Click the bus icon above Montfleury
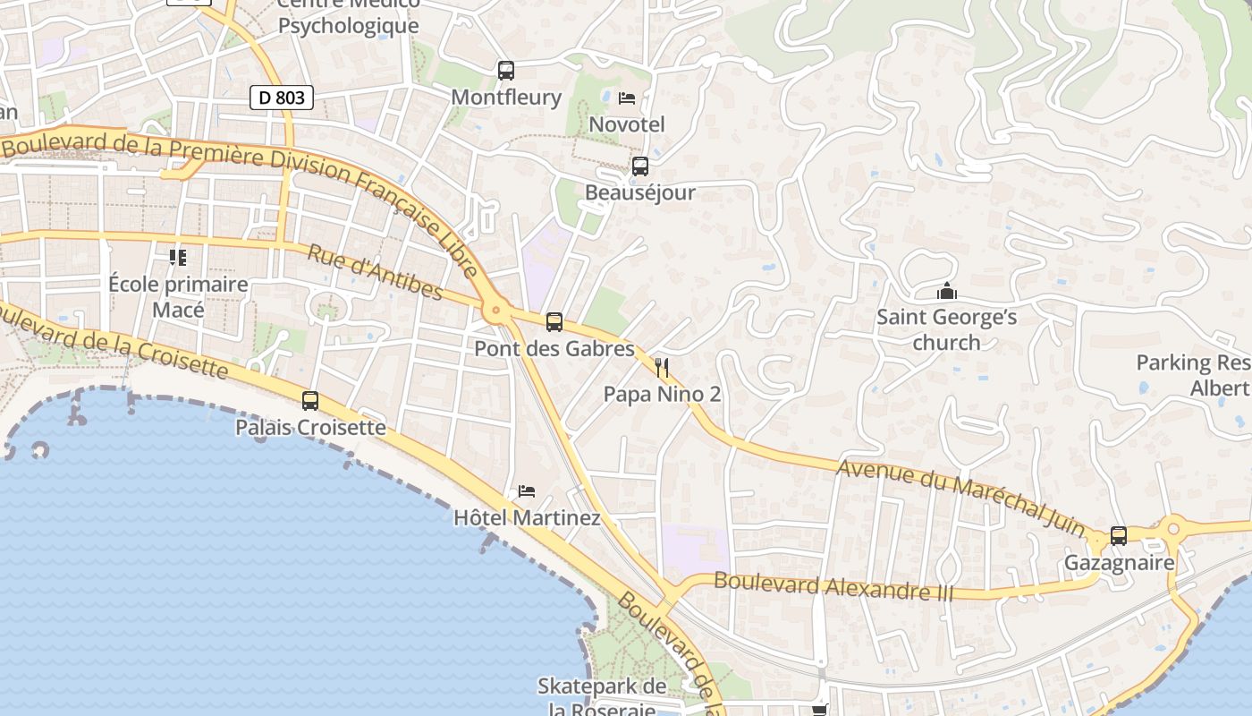point(506,70)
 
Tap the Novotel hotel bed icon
point(627,98)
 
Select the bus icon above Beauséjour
point(640,166)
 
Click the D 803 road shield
point(282,98)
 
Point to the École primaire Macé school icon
point(178,258)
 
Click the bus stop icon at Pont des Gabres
point(554,322)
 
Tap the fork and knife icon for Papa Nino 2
point(662,367)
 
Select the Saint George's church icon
point(947,291)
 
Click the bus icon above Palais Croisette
point(310,401)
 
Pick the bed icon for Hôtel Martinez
point(527,491)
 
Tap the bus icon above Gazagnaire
point(1119,536)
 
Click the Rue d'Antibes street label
point(375,272)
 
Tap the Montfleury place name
point(506,97)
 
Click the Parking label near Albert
point(1193,375)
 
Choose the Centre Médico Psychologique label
point(348,14)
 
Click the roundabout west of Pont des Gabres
point(495,312)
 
